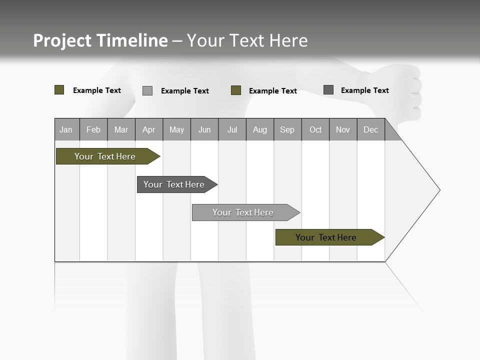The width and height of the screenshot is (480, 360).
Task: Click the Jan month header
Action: click(x=66, y=130)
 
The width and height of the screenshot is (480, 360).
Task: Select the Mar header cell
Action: click(x=121, y=130)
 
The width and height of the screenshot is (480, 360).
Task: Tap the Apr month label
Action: click(x=149, y=130)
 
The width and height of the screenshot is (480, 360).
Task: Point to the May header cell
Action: click(x=176, y=130)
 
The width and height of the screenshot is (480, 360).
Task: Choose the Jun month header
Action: click(x=204, y=130)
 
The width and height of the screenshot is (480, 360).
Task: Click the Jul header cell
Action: click(x=232, y=130)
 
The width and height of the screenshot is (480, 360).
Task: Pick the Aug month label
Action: click(x=260, y=130)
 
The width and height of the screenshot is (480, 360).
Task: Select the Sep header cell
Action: click(x=287, y=130)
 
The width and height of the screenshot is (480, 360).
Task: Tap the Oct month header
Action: click(x=315, y=130)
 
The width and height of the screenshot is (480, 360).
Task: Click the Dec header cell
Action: click(x=370, y=130)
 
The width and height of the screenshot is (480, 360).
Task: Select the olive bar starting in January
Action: click(x=105, y=156)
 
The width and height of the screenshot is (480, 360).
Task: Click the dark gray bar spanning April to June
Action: click(x=174, y=184)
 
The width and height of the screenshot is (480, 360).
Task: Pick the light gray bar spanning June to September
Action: click(x=243, y=212)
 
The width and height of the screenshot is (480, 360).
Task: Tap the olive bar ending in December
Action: click(x=326, y=237)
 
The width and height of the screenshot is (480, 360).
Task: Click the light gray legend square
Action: click(x=147, y=90)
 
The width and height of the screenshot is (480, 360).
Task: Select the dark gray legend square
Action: click(x=328, y=90)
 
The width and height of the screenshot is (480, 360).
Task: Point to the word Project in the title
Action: click(x=63, y=40)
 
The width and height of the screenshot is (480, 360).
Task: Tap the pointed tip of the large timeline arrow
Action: click(x=438, y=190)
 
